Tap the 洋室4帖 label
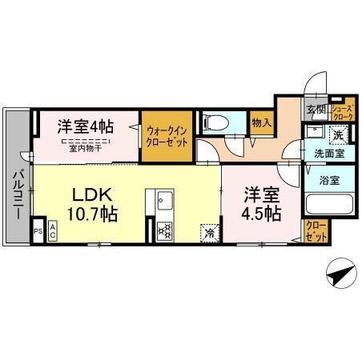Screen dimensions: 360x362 (x=84, y=126)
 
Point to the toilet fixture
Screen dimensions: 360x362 (x=215, y=123)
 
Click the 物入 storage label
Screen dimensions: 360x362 (x=260, y=122)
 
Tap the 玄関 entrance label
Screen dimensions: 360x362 (x=314, y=110)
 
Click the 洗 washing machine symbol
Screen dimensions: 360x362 (x=339, y=133)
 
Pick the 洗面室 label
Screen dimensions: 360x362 (x=329, y=152)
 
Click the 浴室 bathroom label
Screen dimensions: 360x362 (x=328, y=180)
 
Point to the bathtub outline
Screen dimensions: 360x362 (x=328, y=203)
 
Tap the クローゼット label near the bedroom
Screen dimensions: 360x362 (x=316, y=233)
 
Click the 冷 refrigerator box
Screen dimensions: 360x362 (x=210, y=233)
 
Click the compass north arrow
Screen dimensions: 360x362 (x=340, y=275)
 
